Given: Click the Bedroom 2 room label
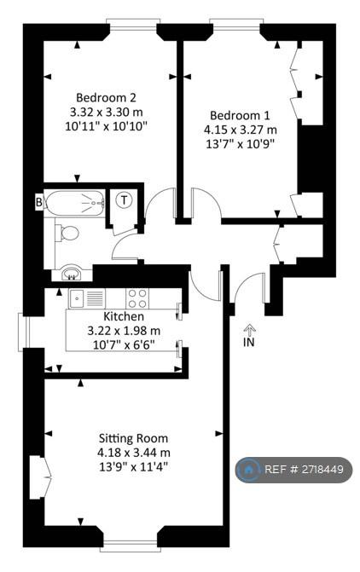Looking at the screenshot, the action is pyautogui.click(x=106, y=98).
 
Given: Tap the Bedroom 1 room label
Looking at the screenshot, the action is pyautogui.click(x=240, y=116).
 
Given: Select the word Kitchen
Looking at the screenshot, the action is pyautogui.click(x=124, y=316).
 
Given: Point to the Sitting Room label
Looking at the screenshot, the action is pyautogui.click(x=134, y=438).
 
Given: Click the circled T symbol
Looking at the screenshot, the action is pyautogui.click(x=125, y=200).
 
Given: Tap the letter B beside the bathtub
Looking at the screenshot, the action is pyautogui.click(x=39, y=202).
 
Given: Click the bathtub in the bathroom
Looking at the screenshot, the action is pyautogui.click(x=74, y=203).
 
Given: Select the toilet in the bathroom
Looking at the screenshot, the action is pyautogui.click(x=67, y=233).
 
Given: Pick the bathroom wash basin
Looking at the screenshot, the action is pyautogui.click(x=72, y=274).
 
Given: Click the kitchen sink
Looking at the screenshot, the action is pyautogui.click(x=78, y=298).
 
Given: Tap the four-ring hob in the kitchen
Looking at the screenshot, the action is pyautogui.click(x=137, y=298).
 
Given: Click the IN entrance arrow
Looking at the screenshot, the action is pyautogui.click(x=250, y=329).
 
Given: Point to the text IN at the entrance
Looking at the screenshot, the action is pyautogui.click(x=250, y=342).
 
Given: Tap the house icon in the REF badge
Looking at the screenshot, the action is pyautogui.click(x=250, y=469).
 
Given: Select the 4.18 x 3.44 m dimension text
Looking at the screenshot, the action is pyautogui.click(x=134, y=453).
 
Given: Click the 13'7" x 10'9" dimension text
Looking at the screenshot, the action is pyautogui.click(x=240, y=144).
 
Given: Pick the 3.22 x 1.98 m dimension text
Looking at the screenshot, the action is pyautogui.click(x=124, y=331).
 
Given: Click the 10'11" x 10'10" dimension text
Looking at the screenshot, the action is pyautogui.click(x=106, y=126).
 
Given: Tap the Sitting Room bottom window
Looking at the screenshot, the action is pyautogui.click(x=131, y=548).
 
